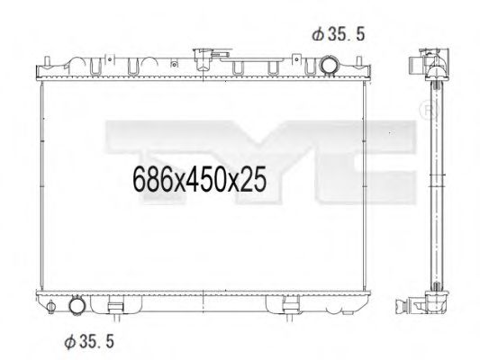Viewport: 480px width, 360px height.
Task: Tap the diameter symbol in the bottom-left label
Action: (68, 341)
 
